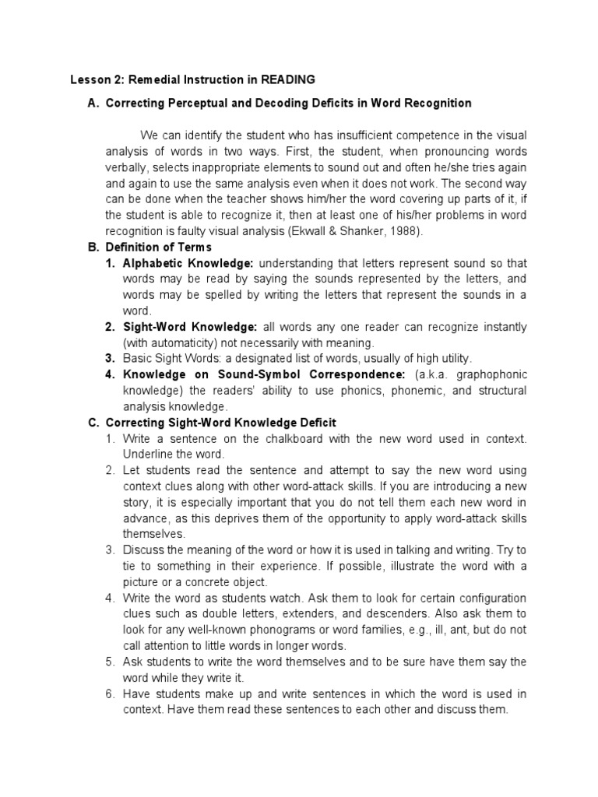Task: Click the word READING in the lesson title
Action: click(288, 79)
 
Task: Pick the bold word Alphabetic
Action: click(151, 264)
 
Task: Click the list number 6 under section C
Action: click(111, 694)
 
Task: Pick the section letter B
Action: click(93, 247)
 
